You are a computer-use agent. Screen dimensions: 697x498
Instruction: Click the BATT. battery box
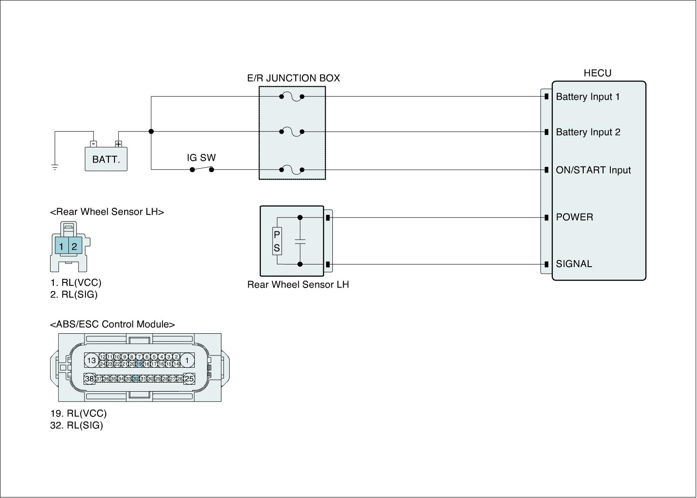pos(106,159)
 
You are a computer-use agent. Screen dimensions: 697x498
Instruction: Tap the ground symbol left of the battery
pos(55,167)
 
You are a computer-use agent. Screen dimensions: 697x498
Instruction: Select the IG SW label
pos(201,158)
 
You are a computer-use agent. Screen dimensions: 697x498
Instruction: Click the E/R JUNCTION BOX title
pos(294,78)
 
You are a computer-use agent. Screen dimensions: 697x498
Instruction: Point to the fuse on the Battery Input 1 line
pos(291,97)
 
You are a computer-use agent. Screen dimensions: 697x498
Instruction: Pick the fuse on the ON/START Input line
pos(291,170)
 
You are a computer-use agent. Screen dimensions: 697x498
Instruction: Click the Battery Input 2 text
pos(588,132)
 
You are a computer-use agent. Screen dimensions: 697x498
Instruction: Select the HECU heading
pos(597,73)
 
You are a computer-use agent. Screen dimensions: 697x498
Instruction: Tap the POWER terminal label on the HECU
pos(575,217)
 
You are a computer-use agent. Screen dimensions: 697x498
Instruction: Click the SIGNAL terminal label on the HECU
pos(574,264)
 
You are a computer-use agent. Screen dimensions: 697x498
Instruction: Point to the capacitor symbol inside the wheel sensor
pos(300,241)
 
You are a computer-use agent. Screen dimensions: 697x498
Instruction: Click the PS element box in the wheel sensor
pos(277,241)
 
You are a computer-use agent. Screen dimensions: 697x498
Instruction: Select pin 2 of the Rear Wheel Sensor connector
pos(75,246)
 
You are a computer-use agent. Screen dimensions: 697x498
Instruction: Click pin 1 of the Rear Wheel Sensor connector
pos(61,246)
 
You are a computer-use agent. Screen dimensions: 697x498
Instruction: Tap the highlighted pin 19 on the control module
pos(139,364)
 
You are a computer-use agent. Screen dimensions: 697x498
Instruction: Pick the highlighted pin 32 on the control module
pos(135,379)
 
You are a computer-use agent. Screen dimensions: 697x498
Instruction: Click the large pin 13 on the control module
pos(91,360)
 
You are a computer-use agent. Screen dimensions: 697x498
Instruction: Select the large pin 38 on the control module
pos(90,379)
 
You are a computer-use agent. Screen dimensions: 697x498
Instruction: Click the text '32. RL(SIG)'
pos(77,426)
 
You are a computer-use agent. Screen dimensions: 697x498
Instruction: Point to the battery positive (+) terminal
pos(118,144)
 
